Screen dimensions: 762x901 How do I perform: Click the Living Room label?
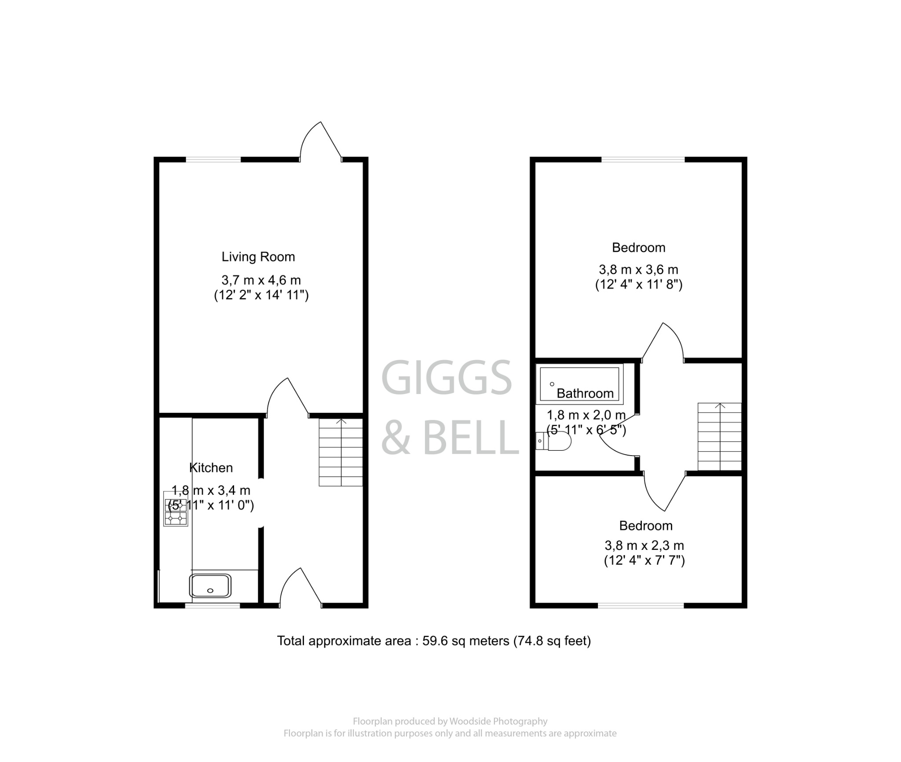tap(258, 257)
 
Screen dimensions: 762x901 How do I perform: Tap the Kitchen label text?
tap(211, 468)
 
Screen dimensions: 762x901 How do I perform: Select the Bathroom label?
tap(585, 393)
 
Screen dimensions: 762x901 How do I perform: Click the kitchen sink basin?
tap(210, 585)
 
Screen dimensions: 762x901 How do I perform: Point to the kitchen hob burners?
tap(175, 512)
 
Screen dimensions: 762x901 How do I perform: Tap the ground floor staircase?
tap(341, 452)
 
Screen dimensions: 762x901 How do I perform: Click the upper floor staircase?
tap(719, 436)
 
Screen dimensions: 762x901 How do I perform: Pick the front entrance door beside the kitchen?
tap(300, 588)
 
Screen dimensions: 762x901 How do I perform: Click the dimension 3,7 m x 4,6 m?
tap(261, 280)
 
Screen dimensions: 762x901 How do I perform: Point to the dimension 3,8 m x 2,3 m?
tap(644, 546)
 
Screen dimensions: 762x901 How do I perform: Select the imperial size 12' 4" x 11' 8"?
tap(638, 284)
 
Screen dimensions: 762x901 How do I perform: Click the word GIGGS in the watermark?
tap(446, 378)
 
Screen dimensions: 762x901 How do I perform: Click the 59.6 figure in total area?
tap(435, 641)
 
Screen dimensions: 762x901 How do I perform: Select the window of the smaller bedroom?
tap(641, 606)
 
